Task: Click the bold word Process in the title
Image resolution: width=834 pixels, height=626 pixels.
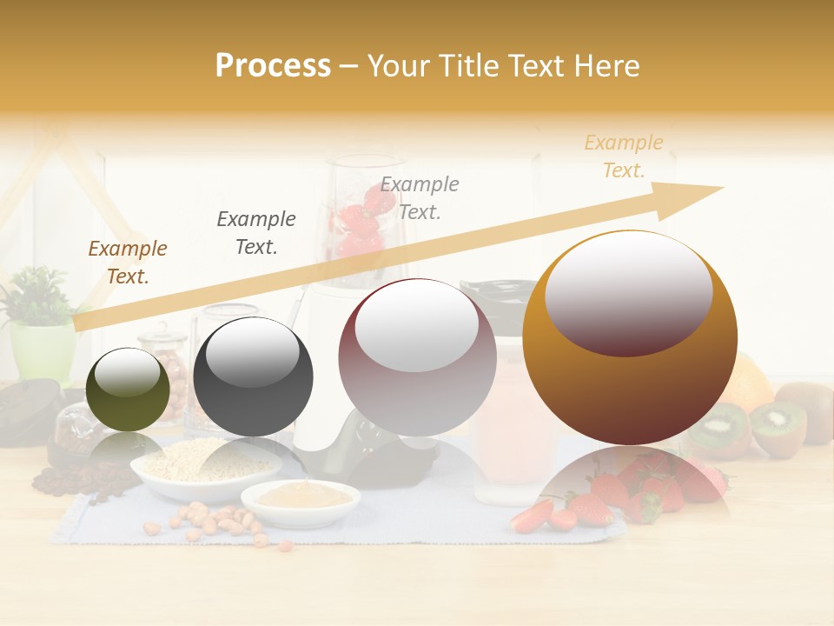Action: tap(273, 66)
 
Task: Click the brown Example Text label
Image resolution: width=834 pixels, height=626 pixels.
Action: tap(128, 263)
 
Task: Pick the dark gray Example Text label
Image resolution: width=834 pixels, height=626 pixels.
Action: tap(256, 233)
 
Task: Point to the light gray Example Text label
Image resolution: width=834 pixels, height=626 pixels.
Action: tap(420, 197)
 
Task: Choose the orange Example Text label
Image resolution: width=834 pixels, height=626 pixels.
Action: tap(624, 156)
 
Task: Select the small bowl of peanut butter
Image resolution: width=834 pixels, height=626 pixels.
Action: tap(300, 500)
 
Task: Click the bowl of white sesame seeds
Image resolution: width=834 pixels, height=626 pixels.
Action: tap(206, 465)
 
